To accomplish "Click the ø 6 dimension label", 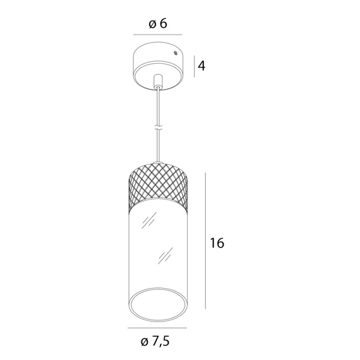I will point(157,23).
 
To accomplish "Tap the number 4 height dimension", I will point(201,65).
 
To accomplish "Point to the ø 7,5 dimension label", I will point(155,342).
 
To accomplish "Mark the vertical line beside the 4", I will point(193,64).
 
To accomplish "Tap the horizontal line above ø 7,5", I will point(157,328).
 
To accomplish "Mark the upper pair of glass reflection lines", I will point(150,220).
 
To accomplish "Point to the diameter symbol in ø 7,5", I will point(145,342).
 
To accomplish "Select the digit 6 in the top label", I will point(163,23).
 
